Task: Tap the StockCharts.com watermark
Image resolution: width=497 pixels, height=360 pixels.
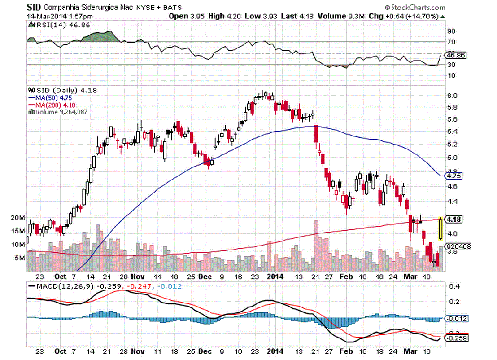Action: pyautogui.click(x=414, y=7)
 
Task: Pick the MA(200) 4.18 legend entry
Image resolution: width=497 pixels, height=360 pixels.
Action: pyautogui.click(x=48, y=104)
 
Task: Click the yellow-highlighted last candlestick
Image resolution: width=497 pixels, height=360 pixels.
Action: pyautogui.click(x=441, y=228)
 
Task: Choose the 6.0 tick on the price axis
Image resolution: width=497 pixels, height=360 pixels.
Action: pyautogui.click(x=452, y=96)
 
